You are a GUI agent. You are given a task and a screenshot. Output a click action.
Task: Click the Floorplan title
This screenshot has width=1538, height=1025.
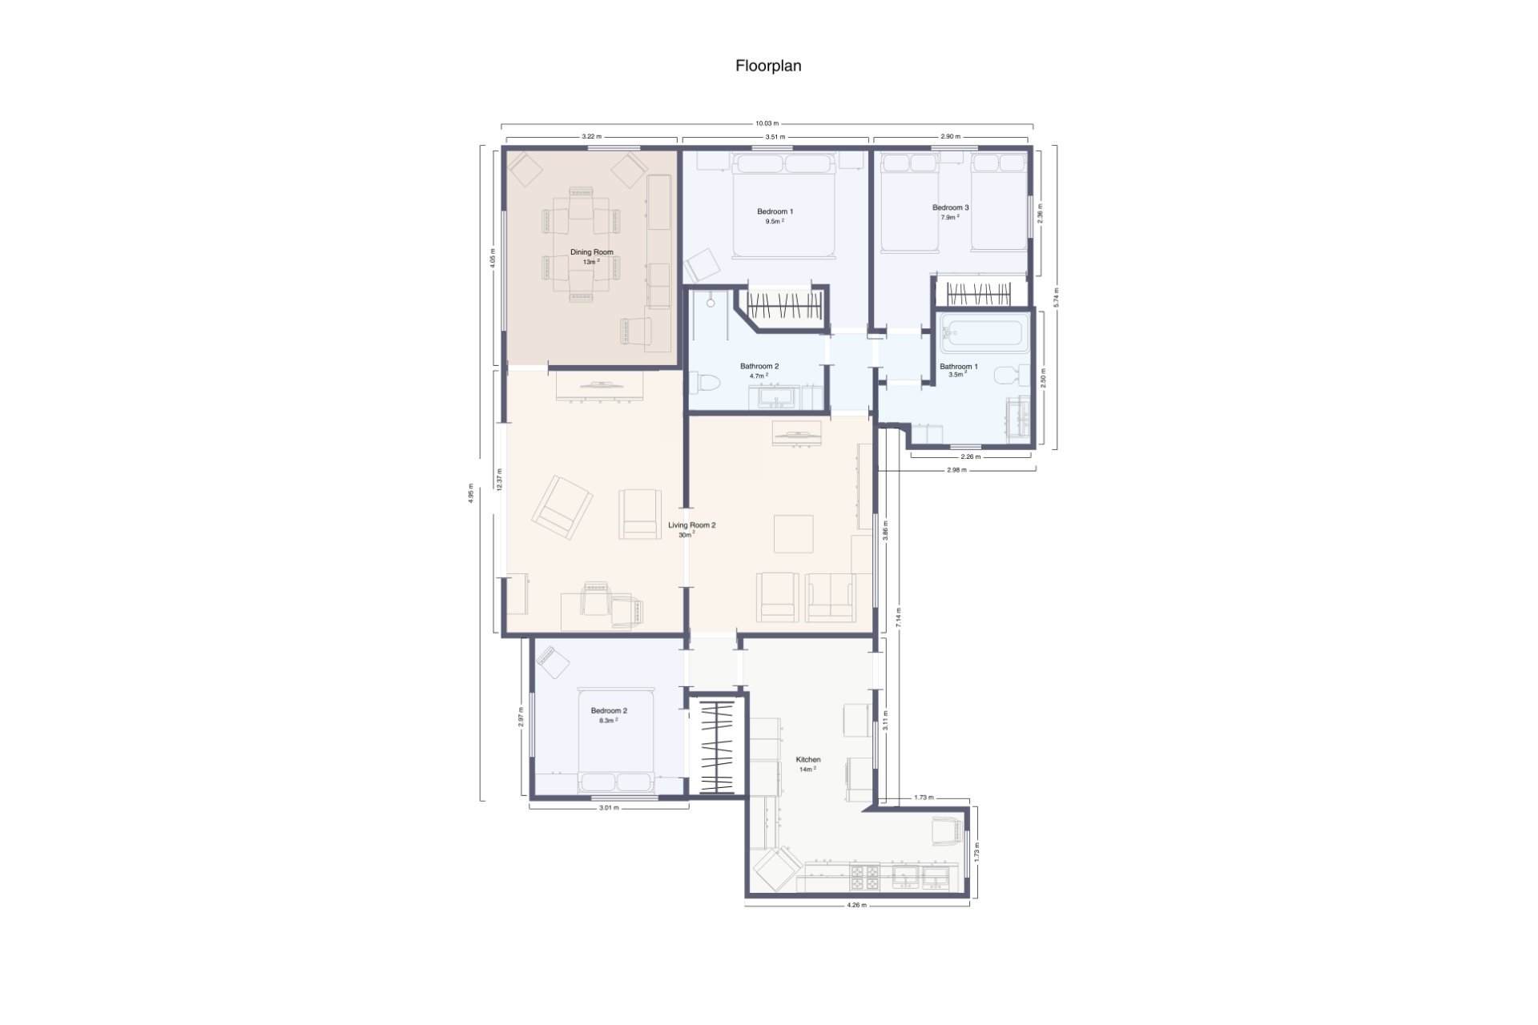coord(768,66)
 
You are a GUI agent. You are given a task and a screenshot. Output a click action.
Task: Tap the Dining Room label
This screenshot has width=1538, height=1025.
coord(592,252)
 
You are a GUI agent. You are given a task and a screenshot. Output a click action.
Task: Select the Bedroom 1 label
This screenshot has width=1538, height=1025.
coord(775,211)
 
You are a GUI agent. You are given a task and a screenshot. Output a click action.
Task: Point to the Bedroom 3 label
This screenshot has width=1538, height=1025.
coord(950,207)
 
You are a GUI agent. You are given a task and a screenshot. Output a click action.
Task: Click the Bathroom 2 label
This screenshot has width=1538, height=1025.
coord(759,366)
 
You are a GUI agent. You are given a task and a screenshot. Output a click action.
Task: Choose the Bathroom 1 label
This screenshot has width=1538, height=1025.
coord(958,367)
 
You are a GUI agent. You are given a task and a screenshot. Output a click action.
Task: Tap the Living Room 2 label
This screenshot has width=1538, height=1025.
coord(692,525)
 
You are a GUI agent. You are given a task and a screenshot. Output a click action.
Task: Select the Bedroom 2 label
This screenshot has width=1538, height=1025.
coord(609,710)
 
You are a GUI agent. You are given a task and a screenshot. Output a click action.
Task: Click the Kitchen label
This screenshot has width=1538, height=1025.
coord(807,759)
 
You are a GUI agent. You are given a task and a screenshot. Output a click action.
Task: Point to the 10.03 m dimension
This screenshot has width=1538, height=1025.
coord(767,123)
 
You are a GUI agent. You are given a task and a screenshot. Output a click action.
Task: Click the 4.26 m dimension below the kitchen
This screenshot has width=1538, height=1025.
coord(856,905)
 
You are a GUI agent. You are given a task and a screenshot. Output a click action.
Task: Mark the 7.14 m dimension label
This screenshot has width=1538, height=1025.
coord(899,616)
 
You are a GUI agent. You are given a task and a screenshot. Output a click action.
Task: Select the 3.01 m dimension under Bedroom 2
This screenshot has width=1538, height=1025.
coord(609,807)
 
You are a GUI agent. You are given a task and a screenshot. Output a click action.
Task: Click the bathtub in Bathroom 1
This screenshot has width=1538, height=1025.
coord(984,332)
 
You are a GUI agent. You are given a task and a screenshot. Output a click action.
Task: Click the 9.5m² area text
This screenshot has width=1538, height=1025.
coord(774,222)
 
